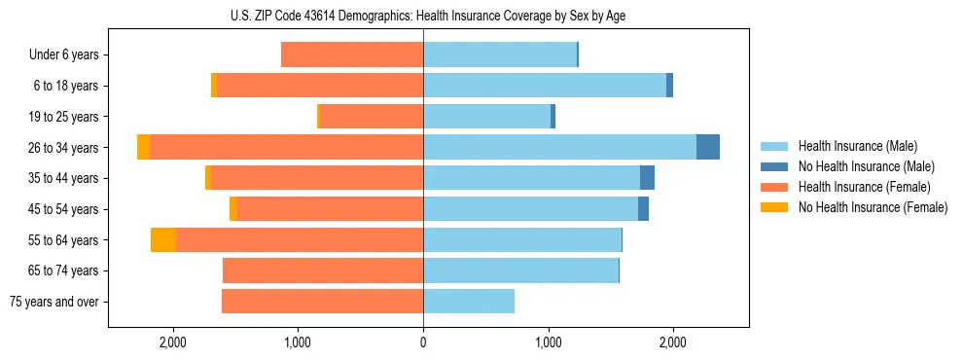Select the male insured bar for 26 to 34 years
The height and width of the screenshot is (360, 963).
click(x=559, y=147)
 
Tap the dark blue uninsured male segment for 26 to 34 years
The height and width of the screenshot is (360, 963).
click(x=708, y=147)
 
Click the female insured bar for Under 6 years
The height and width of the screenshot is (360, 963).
click(x=352, y=55)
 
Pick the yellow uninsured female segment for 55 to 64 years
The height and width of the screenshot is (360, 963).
click(x=163, y=239)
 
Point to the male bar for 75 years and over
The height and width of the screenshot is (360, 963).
click(x=469, y=302)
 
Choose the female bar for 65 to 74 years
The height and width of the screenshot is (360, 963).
click(x=323, y=270)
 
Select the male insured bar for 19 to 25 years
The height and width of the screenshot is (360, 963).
click(x=486, y=117)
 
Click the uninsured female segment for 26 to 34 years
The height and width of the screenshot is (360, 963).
click(x=143, y=147)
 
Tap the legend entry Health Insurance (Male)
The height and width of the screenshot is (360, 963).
click(x=857, y=146)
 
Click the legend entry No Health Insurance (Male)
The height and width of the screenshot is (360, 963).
click(x=865, y=166)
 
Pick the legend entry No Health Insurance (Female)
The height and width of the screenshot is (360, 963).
click(x=872, y=207)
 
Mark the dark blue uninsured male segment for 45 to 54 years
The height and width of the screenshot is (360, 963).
click(x=643, y=209)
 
